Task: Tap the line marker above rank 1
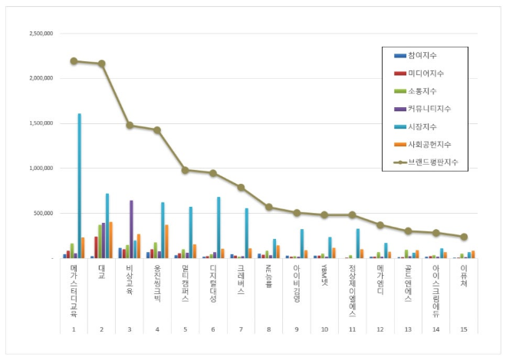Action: (74, 61)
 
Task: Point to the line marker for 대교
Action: (101, 64)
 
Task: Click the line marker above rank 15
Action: (463, 237)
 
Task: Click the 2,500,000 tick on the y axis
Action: (40, 34)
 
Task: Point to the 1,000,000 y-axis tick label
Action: (40, 168)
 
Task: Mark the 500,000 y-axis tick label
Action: (43, 213)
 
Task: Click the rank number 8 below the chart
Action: (268, 328)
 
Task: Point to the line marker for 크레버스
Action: (241, 187)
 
